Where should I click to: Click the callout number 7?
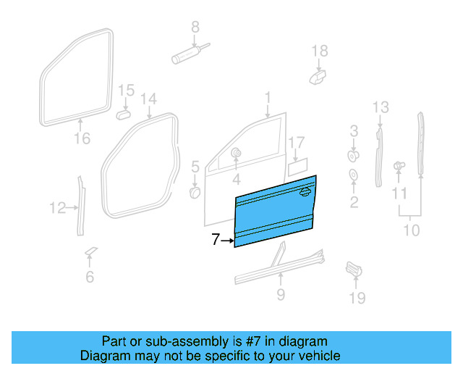(215, 240)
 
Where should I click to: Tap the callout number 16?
(81, 138)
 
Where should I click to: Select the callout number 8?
(195, 28)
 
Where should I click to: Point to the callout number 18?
(319, 51)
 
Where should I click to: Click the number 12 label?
(58, 209)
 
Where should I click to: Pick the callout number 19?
(357, 298)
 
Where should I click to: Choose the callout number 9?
(281, 294)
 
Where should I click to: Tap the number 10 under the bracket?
(411, 230)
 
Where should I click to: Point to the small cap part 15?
(124, 114)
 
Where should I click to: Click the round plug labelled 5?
(195, 193)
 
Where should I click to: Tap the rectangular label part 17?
(299, 168)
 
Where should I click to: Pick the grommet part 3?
(354, 155)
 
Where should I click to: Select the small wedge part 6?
(90, 252)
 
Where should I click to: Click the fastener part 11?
(399, 167)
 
